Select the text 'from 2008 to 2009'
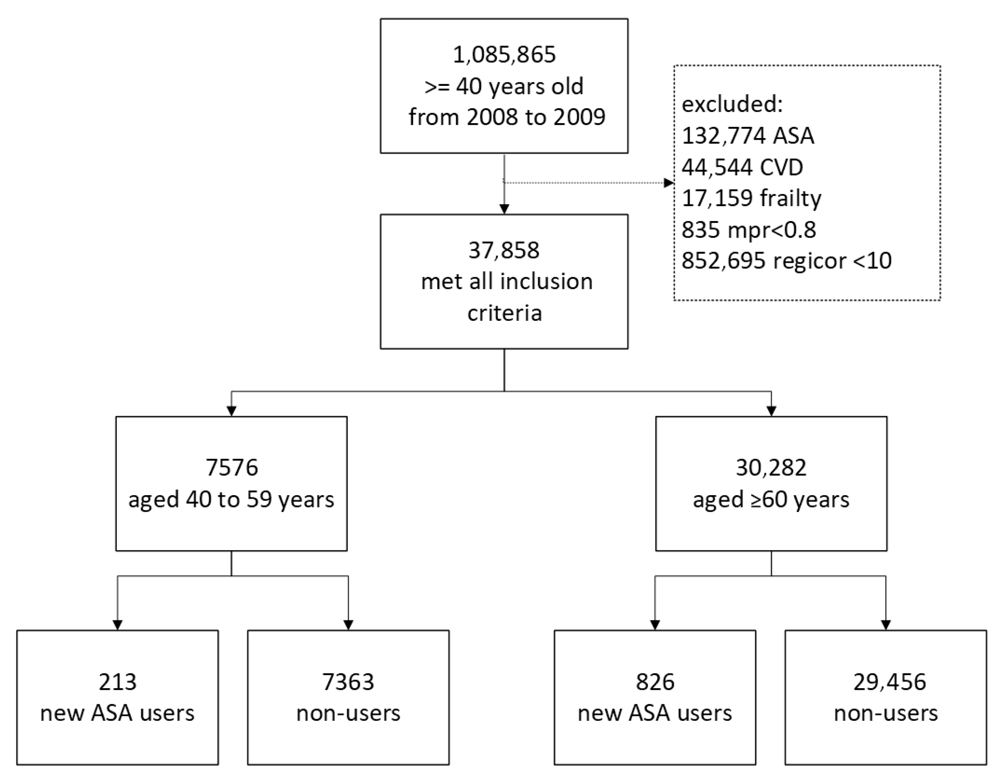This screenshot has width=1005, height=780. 506,117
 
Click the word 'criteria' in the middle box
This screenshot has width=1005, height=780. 504,313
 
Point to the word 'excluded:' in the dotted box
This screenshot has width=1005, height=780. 732,104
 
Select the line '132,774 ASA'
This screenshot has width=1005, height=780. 748,136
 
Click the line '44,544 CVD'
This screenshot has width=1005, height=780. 742,167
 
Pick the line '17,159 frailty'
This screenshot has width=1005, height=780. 751,198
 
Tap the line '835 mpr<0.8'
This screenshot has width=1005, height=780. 748,229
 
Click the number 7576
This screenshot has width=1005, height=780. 231,467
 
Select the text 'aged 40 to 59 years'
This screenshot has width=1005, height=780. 231,499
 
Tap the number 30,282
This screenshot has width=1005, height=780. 771,467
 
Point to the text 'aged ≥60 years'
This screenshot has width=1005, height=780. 771,499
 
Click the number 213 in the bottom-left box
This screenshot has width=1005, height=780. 117,682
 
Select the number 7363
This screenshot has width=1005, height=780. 348,682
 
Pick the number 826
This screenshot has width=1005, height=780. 655,682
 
